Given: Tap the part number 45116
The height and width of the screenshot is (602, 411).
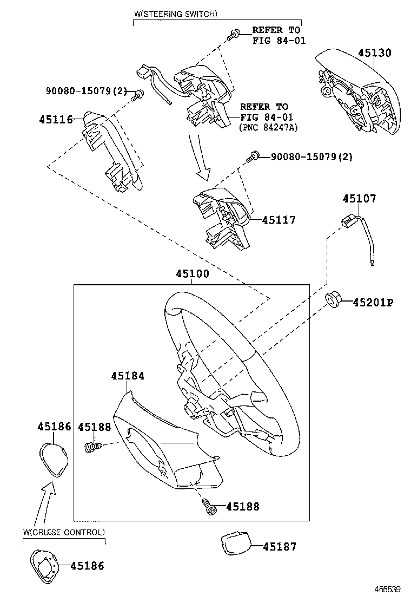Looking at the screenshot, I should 56,119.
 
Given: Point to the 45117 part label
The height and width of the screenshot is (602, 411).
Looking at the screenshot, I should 279,220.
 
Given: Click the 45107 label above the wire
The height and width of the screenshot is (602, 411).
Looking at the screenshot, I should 359,199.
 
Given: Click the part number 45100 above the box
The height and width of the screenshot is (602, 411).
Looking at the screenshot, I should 192,274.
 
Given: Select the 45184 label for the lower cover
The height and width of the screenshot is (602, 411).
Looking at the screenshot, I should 128,375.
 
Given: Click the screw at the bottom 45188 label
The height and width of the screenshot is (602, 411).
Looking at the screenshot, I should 208,507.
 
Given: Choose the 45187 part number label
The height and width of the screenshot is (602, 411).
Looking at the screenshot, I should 280,547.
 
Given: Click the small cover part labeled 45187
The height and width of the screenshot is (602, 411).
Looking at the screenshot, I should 235,542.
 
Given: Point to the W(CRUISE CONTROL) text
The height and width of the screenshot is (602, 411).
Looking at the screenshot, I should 64,532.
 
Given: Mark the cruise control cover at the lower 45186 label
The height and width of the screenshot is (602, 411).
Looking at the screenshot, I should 44,566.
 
